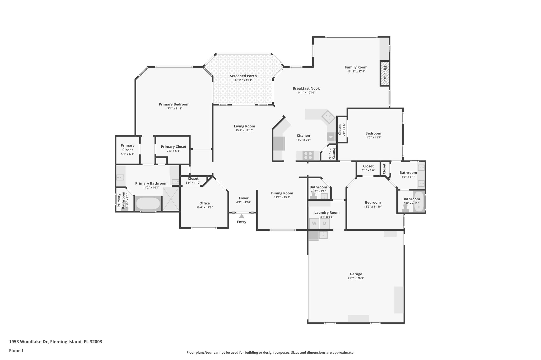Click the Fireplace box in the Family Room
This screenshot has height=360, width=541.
[x=385, y=74]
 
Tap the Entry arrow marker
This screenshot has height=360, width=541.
[x=241, y=216]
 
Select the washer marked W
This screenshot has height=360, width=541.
[x=314, y=223]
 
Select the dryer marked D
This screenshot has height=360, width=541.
[x=325, y=223]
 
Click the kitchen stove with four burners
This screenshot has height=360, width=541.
[x=308, y=155]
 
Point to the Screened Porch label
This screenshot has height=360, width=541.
[x=243, y=76]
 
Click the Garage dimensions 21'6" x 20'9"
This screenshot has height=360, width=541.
[x=356, y=278]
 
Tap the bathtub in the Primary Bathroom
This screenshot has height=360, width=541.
[x=148, y=203]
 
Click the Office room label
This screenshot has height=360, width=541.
[x=204, y=203]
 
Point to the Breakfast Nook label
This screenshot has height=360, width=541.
[x=306, y=88]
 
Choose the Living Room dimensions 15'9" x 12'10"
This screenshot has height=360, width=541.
[x=244, y=130]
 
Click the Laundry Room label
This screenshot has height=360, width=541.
[x=327, y=213]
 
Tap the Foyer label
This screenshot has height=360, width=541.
[x=244, y=198]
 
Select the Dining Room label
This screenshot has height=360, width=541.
[x=282, y=193]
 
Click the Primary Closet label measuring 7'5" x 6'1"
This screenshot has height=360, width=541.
[x=174, y=147]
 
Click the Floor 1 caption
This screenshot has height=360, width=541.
[x=16, y=351]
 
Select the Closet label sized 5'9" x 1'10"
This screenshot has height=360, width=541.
[x=193, y=179]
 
